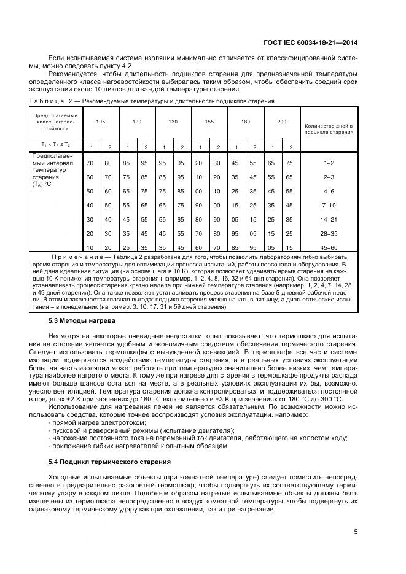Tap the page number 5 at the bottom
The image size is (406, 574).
point(356,532)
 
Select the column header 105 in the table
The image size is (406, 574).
point(100,122)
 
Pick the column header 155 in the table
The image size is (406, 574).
point(209,122)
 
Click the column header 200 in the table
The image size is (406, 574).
point(281,122)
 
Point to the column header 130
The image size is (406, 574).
point(173,122)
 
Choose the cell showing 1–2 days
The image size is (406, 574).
point(329,163)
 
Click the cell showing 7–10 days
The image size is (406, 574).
point(329,205)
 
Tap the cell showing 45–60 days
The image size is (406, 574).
point(329,247)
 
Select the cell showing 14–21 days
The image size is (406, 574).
point(329,219)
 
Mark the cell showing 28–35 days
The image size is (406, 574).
point(329,233)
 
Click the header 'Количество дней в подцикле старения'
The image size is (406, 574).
point(329,129)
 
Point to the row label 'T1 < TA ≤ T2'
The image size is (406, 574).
point(56,145)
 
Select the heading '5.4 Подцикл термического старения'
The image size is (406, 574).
point(101,460)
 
